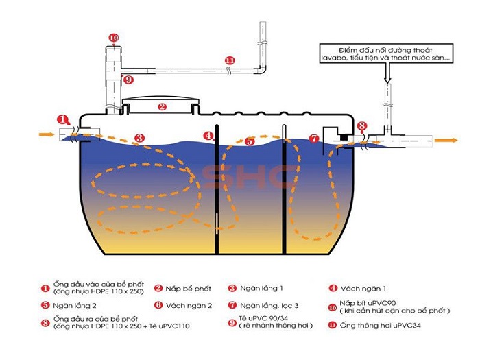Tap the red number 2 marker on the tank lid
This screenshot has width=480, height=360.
pos(162,107)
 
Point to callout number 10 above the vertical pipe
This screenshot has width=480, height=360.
pos(113,37)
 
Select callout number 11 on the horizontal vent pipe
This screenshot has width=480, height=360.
pos(230,60)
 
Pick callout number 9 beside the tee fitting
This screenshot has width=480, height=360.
pos(128,80)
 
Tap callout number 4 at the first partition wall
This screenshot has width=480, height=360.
pos(208,135)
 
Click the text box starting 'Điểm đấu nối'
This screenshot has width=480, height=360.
pos(386,53)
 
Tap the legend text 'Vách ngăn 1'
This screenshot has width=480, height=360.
pos(361,289)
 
